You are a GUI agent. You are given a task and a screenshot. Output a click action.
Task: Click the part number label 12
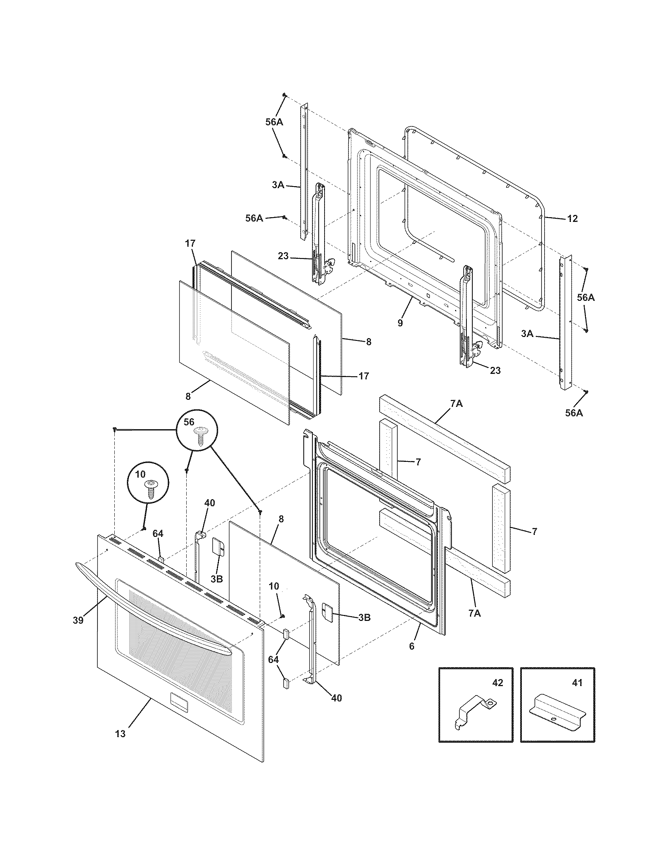point(572,218)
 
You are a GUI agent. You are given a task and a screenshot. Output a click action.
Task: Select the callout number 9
point(400,323)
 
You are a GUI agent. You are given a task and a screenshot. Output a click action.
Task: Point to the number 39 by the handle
point(78,620)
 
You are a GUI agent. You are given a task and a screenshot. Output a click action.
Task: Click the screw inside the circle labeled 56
point(202,436)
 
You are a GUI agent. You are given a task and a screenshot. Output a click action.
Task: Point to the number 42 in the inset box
point(497,683)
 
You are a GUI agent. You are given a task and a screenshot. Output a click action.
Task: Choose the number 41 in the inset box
point(577,683)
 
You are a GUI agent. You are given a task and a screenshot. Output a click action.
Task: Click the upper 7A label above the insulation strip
point(456,404)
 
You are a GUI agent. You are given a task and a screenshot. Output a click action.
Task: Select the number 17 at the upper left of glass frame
point(190,243)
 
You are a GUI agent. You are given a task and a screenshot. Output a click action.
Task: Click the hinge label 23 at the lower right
point(495,370)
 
